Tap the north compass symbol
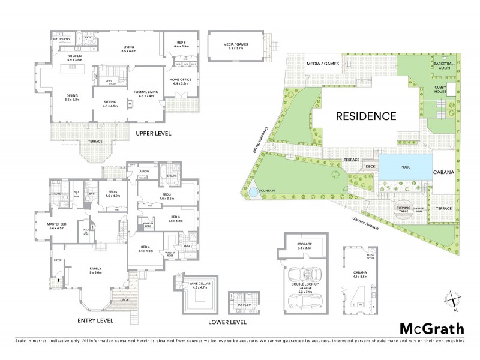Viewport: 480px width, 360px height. tap(452, 298)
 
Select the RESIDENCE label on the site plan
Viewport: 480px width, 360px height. tap(365, 116)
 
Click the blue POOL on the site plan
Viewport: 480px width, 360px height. tap(406, 166)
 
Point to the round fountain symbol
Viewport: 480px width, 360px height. tap(254, 193)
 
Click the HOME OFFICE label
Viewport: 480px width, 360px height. tap(182, 82)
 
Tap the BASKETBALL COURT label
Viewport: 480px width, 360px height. tap(443, 65)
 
